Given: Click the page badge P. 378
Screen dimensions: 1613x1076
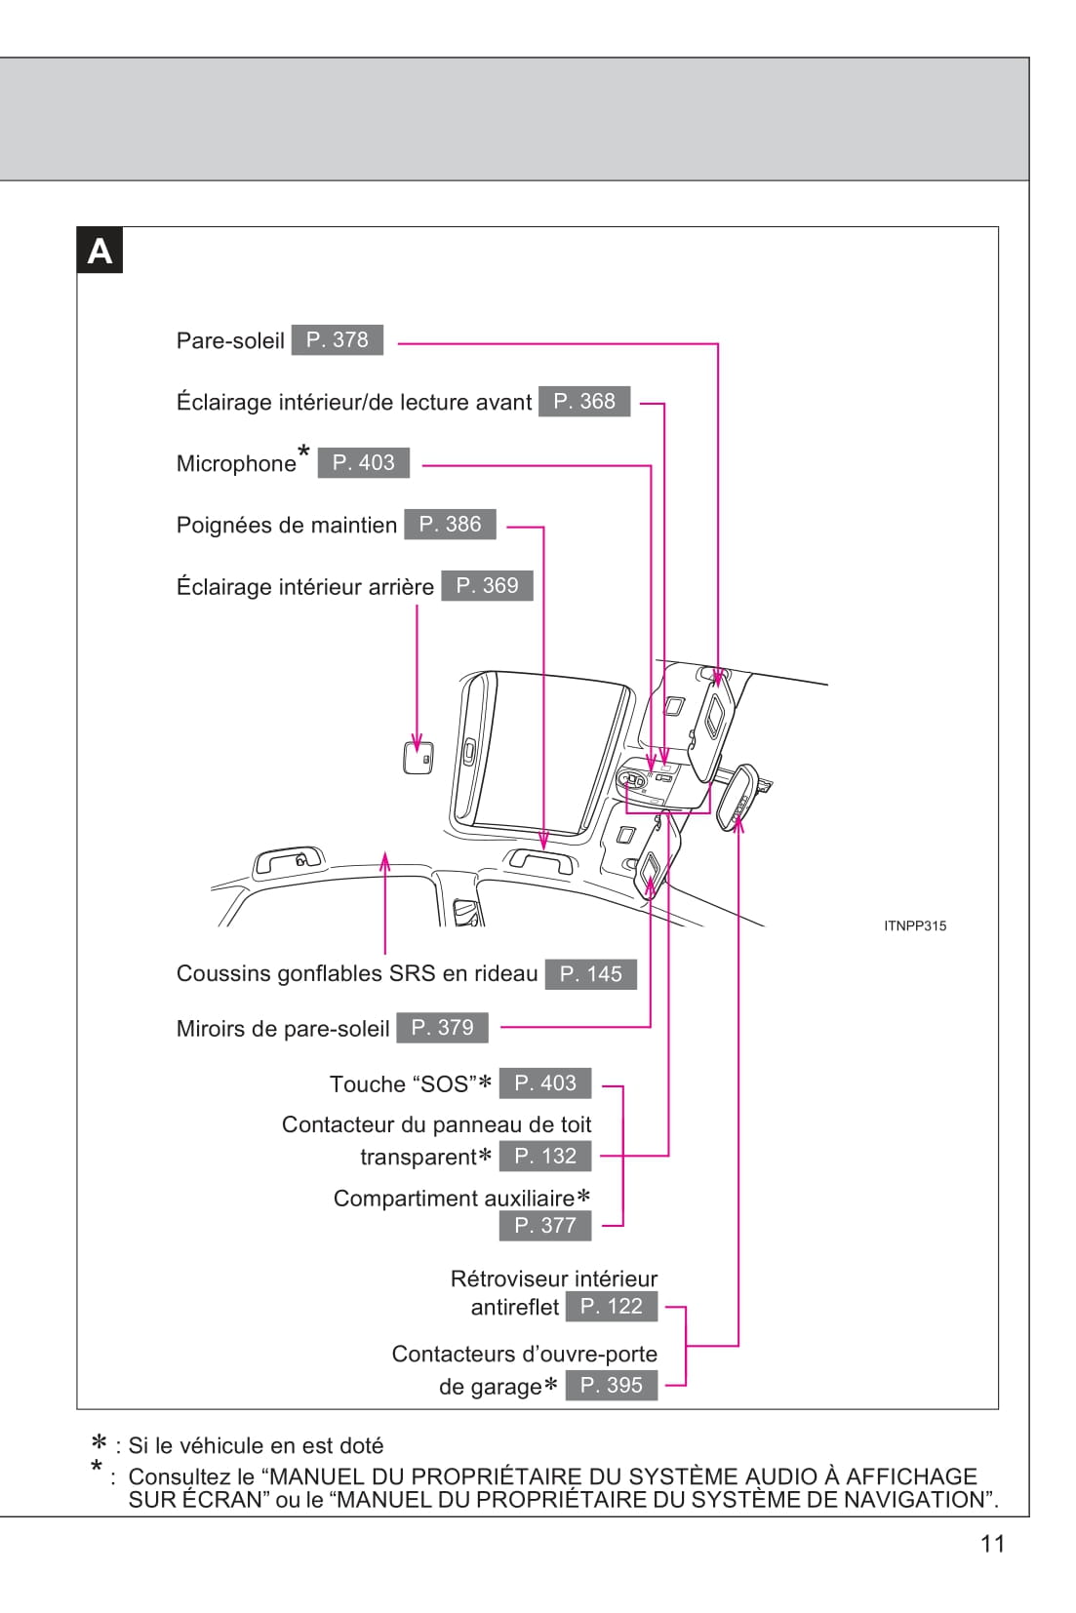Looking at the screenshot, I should (337, 339).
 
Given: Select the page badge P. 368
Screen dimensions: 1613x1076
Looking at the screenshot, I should (584, 401).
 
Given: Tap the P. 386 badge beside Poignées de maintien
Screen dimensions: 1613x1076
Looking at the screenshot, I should (450, 524).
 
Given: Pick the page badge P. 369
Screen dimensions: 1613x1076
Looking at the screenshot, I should (487, 585).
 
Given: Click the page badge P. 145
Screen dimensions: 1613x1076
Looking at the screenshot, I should (590, 973).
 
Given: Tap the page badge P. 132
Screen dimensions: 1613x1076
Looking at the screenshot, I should (545, 1156).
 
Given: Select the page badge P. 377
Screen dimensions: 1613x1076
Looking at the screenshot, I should (545, 1225).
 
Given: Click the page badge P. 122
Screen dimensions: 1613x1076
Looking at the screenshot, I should (611, 1306).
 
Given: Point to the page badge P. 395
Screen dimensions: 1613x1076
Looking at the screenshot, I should (611, 1385).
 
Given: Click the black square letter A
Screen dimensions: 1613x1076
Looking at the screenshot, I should (100, 251).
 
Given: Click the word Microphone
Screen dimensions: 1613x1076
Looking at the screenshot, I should (236, 463).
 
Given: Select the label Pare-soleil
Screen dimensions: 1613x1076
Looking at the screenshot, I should (230, 340).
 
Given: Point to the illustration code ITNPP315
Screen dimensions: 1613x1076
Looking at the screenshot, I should (914, 925).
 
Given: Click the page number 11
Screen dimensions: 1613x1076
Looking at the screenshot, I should (992, 1543).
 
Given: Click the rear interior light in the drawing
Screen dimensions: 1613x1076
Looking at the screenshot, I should (418, 758).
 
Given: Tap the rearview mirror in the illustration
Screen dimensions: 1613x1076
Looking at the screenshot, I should (739, 796).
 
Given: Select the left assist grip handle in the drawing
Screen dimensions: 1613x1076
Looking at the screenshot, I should (288, 861).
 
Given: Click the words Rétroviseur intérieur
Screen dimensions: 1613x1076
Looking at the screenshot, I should (553, 1278).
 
